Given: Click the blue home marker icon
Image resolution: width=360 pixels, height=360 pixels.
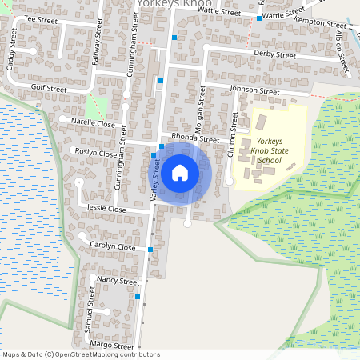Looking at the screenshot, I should (x=180, y=171).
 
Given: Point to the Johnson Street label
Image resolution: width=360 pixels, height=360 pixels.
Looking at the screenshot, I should (x=254, y=91).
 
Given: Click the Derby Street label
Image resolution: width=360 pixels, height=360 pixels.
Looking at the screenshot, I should (x=274, y=54).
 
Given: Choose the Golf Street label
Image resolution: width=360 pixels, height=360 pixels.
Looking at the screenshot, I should (x=49, y=87).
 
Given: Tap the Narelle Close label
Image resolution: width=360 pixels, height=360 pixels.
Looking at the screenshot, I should (x=94, y=124).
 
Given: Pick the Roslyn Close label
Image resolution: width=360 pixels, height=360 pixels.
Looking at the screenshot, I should (x=96, y=152).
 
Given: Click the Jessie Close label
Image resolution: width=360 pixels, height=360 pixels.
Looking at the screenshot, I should (x=107, y=209).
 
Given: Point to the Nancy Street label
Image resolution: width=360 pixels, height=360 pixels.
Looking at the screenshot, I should (x=118, y=282).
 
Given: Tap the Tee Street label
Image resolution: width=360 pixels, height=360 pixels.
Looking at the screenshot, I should (x=42, y=18).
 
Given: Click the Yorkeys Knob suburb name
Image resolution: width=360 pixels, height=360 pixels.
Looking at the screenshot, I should (x=174, y=4).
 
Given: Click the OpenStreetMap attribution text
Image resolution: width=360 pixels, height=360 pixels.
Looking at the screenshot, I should (x=81, y=354).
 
